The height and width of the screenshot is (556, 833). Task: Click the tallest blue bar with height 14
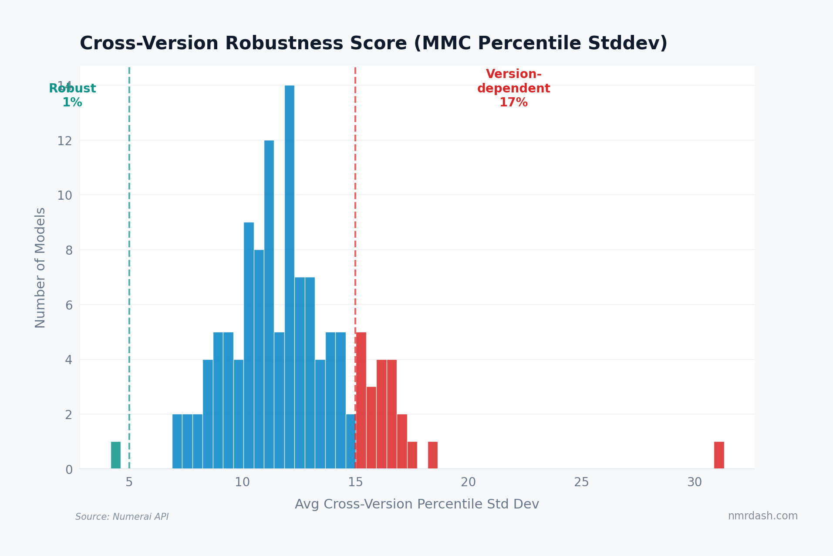[290, 277]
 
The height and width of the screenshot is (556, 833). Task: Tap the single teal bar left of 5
[116, 455]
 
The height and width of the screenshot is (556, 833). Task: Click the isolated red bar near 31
[719, 455]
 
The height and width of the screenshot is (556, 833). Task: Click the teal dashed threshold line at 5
[129, 262]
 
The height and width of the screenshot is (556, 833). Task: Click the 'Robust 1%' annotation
[72, 95]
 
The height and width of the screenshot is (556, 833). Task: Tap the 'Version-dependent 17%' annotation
[514, 88]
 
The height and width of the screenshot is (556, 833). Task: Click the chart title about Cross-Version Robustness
[373, 44]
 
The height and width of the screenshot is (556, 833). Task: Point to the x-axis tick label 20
[469, 482]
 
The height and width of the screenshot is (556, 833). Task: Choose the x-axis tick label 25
[581, 482]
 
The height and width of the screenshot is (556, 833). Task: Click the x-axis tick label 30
[695, 482]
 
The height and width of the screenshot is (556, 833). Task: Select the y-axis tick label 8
[69, 250]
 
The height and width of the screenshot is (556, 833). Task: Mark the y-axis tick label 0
[69, 470]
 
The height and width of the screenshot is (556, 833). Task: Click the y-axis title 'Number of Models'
[40, 267]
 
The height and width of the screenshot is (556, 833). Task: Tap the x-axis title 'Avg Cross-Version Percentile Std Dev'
[417, 504]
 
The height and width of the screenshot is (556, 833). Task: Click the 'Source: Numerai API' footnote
[122, 517]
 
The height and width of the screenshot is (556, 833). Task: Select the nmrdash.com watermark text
[762, 516]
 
